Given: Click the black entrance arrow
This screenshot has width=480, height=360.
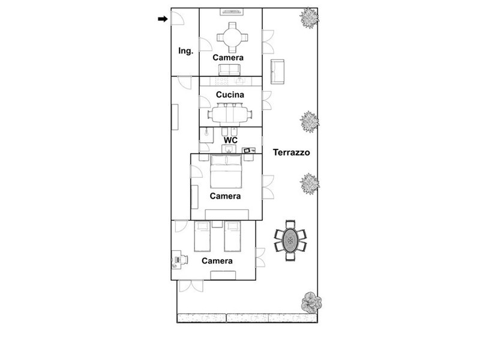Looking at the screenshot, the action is click(163, 19).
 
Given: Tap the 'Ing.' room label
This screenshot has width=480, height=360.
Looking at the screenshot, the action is click(186, 51).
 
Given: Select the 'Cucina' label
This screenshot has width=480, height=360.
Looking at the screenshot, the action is click(230, 95).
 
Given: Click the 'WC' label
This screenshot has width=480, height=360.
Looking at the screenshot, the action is click(230, 140).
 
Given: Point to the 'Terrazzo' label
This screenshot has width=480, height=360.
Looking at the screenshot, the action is click(291, 152).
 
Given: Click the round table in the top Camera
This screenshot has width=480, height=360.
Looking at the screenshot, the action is click(232, 38).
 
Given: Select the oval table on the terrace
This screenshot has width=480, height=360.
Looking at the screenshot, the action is click(290, 241).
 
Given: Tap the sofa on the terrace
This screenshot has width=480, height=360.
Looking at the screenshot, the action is click(277, 71).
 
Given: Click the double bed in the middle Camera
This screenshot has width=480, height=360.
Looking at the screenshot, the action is click(226, 172).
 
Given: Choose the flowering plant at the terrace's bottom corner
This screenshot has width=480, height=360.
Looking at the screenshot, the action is click(311, 302).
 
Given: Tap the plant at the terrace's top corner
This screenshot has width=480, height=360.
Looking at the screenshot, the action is click(309, 18).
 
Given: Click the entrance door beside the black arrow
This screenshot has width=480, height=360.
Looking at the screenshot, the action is click(177, 18).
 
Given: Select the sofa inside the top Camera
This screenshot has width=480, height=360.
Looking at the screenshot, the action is click(230, 70).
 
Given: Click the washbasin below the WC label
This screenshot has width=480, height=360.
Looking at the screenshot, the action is click(229, 149).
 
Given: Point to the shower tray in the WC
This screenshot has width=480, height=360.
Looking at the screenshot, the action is click(206, 135).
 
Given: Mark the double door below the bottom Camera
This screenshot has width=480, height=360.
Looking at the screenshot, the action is click(191, 286).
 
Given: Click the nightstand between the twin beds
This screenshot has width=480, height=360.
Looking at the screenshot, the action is click(217, 224).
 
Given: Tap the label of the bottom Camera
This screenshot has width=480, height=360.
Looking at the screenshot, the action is click(217, 261).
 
